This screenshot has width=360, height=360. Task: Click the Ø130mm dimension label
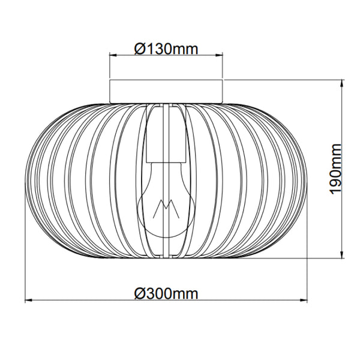click(166, 49)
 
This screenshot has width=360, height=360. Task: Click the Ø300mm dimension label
click(166, 293)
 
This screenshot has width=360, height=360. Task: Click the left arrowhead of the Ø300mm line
click(27, 299)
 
